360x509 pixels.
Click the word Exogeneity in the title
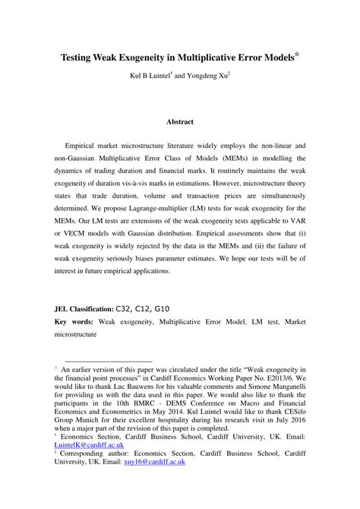[x=139, y=58]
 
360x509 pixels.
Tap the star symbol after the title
[x=298, y=55]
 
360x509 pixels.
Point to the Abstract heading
[x=180, y=122]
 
